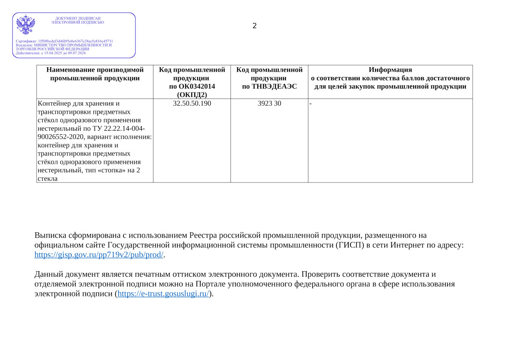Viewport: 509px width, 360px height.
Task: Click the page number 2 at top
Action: pyautogui.click(x=255, y=26)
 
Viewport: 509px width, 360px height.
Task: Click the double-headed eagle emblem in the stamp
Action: pyautogui.click(x=25, y=25)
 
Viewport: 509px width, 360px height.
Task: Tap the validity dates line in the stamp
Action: pyautogui.click(x=51, y=53)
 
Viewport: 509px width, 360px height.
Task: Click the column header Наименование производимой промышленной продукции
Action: pyautogui.click(x=95, y=74)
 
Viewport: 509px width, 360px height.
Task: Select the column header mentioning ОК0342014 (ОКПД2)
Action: pyautogui.click(x=192, y=82)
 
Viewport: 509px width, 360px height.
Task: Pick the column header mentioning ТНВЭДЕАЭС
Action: pyautogui.click(x=269, y=78)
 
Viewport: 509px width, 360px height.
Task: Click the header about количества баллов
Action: pyautogui.click(x=390, y=78)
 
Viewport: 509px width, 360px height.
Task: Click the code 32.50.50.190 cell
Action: pyautogui.click(x=192, y=104)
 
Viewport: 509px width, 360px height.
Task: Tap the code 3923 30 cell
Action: pyautogui.click(x=269, y=104)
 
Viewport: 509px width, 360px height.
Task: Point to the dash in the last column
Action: pyautogui.click(x=310, y=104)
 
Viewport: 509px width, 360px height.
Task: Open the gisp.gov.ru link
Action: pyautogui.click(x=99, y=255)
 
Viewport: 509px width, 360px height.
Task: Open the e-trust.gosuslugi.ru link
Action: pyautogui.click(x=163, y=294)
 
